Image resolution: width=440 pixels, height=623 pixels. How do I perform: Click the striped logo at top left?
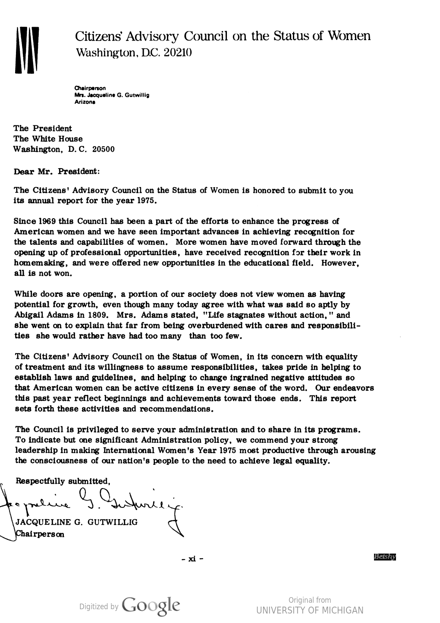[x=27, y=50]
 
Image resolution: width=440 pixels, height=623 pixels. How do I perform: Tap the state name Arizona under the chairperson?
[x=85, y=103]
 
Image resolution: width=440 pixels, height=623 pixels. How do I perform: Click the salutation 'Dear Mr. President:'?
[x=57, y=171]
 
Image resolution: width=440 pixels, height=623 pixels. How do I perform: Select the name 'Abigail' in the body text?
[x=29, y=315]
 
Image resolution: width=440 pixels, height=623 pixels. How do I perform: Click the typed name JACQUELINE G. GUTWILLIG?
[x=77, y=522]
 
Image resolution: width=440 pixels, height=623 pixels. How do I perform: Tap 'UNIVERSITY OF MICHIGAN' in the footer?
[x=310, y=610]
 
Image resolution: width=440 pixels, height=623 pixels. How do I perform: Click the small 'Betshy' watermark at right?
[x=385, y=557]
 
